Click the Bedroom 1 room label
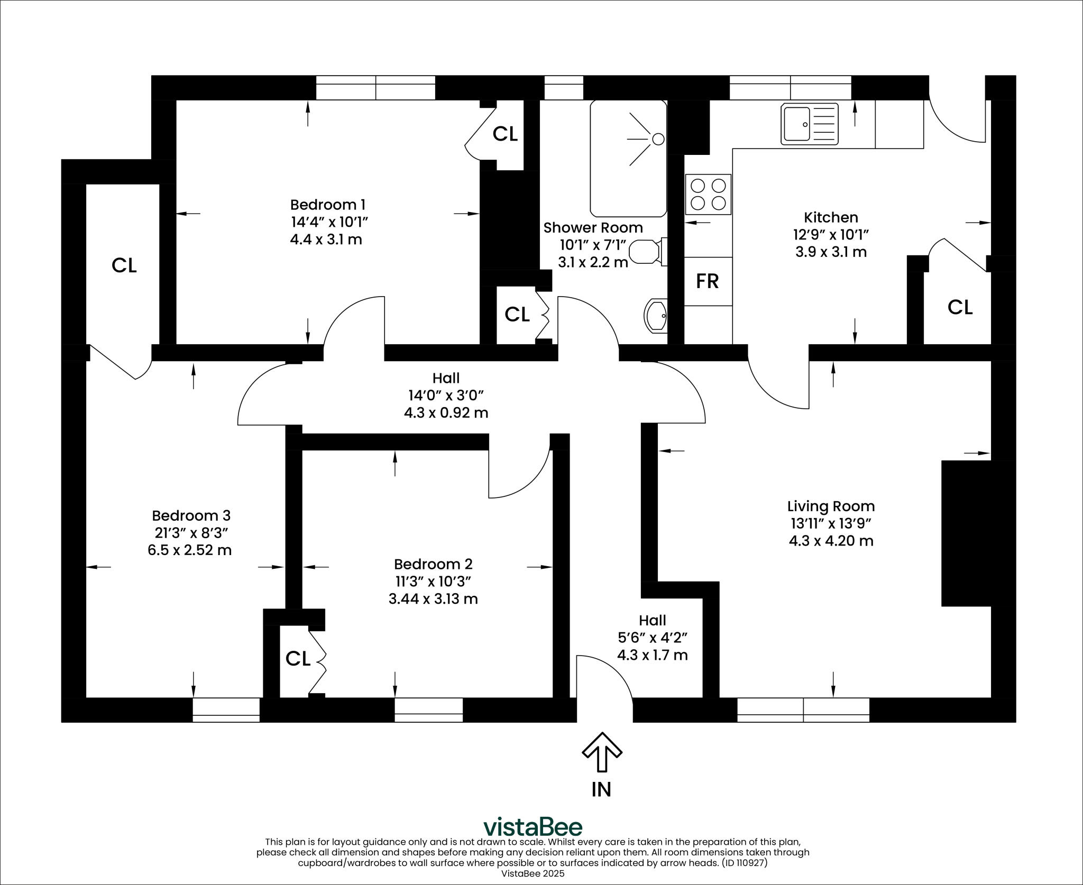tap(327, 205)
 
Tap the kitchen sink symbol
tap(810, 124)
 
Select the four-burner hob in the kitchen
tap(708, 194)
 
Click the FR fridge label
tap(707, 281)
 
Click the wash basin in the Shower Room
tap(656, 316)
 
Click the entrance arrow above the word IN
tap(602, 751)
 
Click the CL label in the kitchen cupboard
tap(960, 307)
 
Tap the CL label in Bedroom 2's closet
tap(297, 659)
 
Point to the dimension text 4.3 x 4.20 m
tap(831, 541)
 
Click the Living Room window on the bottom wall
tap(803, 710)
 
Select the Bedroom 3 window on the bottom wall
tap(226, 710)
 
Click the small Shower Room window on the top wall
tap(564, 88)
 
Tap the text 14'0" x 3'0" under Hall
tap(446, 395)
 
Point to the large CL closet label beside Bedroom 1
tap(124, 265)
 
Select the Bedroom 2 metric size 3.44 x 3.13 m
tap(433, 599)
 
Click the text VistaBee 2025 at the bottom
tap(533, 873)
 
